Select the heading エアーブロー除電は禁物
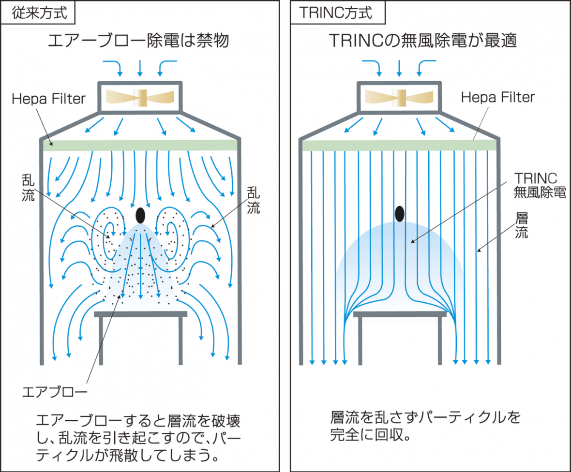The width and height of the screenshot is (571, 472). point(139,41)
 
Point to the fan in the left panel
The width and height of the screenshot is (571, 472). point(140,97)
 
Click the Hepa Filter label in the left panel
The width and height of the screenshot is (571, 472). point(48,99)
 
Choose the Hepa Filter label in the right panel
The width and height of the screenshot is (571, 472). point(497,97)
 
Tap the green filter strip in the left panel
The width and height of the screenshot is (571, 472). point(140,145)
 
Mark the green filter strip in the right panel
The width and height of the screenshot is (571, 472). point(399,145)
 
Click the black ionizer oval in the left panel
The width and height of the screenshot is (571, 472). point(140,215)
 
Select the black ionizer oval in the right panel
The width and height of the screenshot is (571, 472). point(400,213)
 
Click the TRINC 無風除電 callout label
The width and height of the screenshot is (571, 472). point(540,185)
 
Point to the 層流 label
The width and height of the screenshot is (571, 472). point(522,225)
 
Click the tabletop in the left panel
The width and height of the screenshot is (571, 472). point(140,314)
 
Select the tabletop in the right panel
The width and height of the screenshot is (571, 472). point(400,314)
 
